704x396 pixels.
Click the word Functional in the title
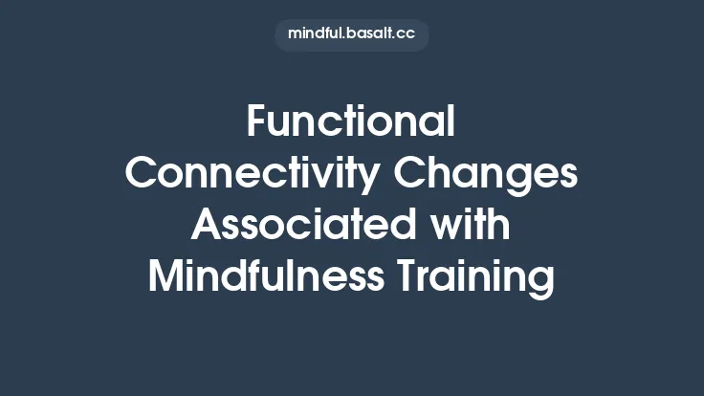[x=351, y=122]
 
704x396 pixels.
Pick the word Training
[x=481, y=277]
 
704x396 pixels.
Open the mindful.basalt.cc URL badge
[x=351, y=34]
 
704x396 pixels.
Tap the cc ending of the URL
[x=407, y=34]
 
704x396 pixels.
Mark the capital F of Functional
[x=256, y=122]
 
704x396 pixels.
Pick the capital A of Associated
[x=207, y=226]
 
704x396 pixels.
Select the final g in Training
[x=542, y=281]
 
